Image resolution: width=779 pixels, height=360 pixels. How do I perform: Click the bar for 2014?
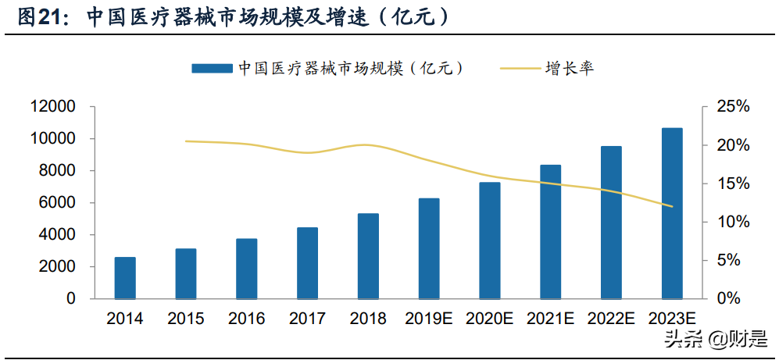click(x=125, y=278)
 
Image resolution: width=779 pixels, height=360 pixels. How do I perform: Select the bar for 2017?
click(x=307, y=263)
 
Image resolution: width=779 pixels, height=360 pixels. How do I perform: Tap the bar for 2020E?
click(x=490, y=241)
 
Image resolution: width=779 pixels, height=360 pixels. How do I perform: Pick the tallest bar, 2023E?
click(x=672, y=213)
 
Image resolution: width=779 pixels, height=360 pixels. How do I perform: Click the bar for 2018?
click(x=368, y=256)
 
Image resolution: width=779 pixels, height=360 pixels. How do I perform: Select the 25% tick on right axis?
click(x=734, y=107)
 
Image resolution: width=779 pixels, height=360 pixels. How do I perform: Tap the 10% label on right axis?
click(x=734, y=223)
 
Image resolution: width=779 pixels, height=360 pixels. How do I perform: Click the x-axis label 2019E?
click(x=428, y=319)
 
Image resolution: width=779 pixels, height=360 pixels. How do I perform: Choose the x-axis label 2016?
click(x=246, y=319)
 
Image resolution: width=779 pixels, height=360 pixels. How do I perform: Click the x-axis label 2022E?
click(x=611, y=319)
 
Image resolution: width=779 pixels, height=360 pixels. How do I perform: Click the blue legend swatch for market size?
click(x=213, y=69)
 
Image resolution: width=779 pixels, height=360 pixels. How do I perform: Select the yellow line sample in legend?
click(x=519, y=69)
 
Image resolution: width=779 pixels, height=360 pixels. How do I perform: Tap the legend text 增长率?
click(x=570, y=69)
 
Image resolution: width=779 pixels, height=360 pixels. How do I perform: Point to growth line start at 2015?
click(x=186, y=141)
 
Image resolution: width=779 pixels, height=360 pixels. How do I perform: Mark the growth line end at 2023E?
click(x=672, y=207)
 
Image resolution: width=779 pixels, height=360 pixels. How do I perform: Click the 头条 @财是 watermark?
click(x=715, y=340)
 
